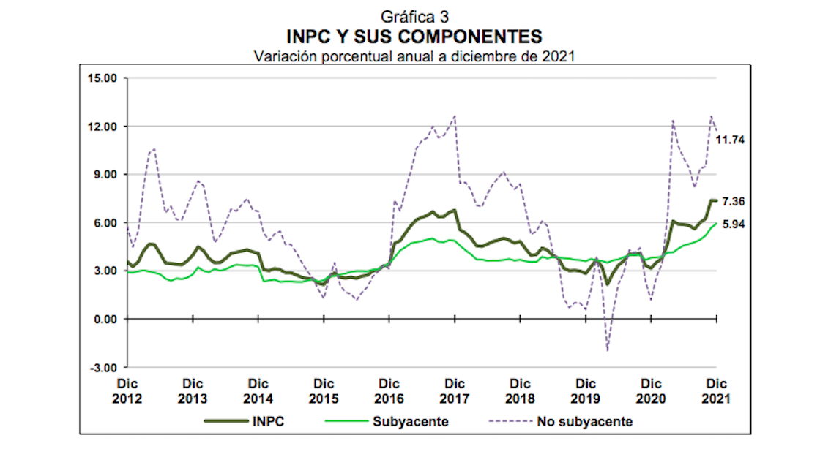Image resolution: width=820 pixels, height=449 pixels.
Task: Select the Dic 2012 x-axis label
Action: coord(128,391)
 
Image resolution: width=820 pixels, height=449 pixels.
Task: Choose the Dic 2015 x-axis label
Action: coord(324,391)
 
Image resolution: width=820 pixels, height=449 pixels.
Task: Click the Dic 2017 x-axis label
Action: coord(455,391)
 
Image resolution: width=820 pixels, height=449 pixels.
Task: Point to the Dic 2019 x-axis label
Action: coord(585,391)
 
